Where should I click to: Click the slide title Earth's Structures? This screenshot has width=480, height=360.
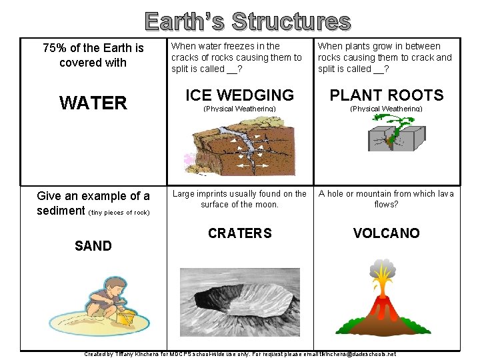tap(247, 21)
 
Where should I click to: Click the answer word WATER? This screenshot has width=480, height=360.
tap(93, 103)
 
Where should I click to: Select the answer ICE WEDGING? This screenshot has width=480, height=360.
tap(239, 95)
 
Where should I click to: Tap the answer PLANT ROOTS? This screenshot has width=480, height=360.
tap(386, 95)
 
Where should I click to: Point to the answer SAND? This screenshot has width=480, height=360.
tap(93, 246)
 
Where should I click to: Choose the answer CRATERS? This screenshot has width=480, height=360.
tap(239, 233)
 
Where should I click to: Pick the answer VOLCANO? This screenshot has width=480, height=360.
tap(386, 233)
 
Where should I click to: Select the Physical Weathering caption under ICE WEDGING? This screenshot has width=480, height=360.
tap(239, 109)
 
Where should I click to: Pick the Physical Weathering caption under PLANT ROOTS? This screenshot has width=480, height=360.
tap(386, 109)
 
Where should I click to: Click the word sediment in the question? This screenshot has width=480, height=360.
tap(61, 211)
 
